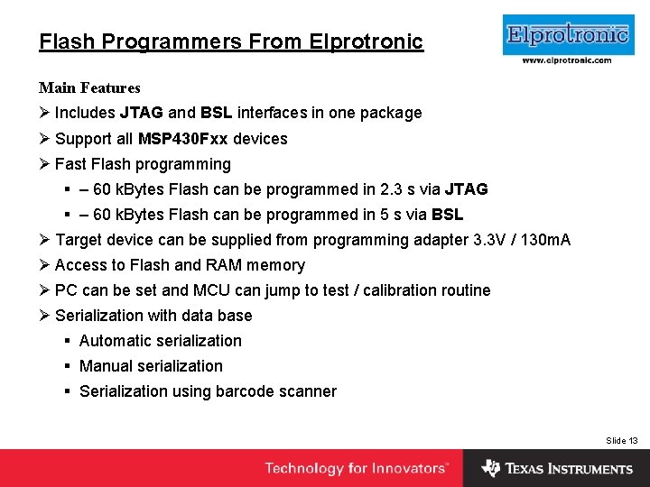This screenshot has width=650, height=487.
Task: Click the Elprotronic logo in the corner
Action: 566,35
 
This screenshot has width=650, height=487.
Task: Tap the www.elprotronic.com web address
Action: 566,60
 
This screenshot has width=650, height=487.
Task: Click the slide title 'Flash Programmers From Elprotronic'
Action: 231,41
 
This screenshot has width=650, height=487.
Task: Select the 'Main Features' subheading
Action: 89,87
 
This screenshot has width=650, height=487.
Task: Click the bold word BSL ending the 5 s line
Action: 447,215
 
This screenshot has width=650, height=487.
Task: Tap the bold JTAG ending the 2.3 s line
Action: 467,189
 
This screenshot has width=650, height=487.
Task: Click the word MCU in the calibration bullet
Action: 212,290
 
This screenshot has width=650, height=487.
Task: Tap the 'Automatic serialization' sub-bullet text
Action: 161,341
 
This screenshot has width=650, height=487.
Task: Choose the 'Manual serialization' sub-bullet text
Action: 151,366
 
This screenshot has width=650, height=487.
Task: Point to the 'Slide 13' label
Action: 621,440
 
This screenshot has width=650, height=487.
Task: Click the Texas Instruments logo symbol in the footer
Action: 490,468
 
